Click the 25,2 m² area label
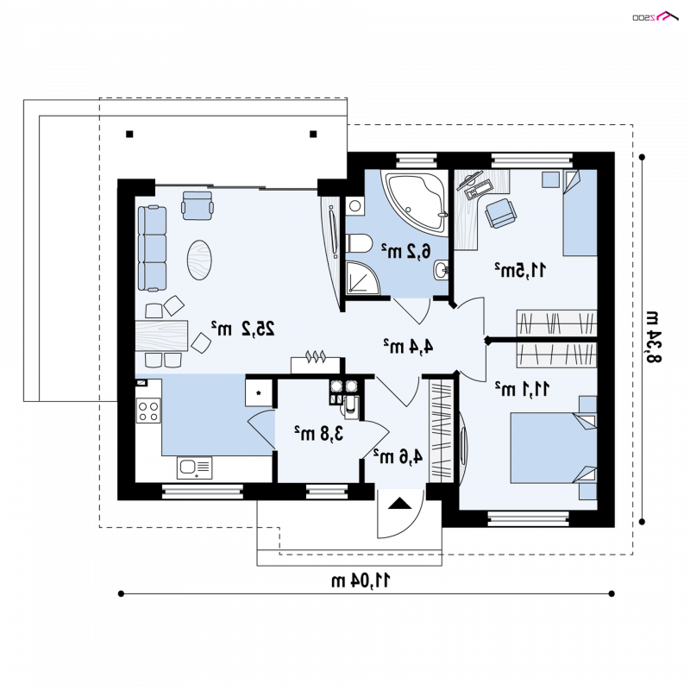pyautogui.click(x=243, y=328)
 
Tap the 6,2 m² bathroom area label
pyautogui.click(x=405, y=251)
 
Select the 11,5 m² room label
pyautogui.click(x=520, y=270)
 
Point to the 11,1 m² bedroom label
pyautogui.click(x=522, y=389)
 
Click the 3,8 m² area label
pyautogui.click(x=318, y=434)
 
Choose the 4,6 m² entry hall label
pyautogui.click(x=398, y=456)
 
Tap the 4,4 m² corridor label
pyautogui.click(x=408, y=346)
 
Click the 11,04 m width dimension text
pyautogui.click(x=361, y=580)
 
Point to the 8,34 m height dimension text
pyautogui.click(x=653, y=336)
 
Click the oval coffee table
pyautogui.click(x=199, y=260)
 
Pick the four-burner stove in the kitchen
pyautogui.click(x=148, y=411)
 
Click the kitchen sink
pyautogui.click(x=195, y=467)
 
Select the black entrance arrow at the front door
pyautogui.click(x=400, y=503)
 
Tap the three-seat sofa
pyautogui.click(x=153, y=248)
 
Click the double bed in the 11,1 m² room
pyautogui.click(x=553, y=448)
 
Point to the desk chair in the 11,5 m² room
pyautogui.click(x=500, y=213)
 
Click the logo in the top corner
pyautogui.click(x=655, y=16)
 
